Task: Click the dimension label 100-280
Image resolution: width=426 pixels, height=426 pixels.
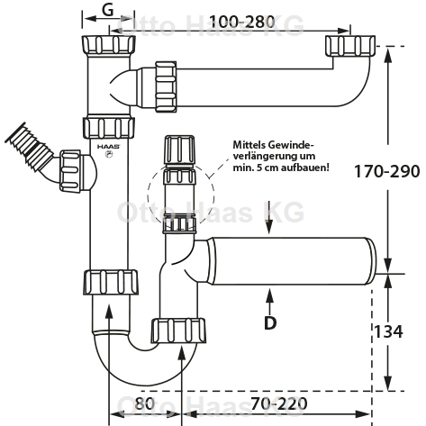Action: click(x=241, y=22)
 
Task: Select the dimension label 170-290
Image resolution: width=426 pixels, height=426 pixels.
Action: click(x=387, y=171)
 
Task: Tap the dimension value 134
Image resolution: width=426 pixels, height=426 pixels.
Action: click(x=388, y=331)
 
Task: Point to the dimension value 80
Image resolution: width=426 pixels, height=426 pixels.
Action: click(x=144, y=403)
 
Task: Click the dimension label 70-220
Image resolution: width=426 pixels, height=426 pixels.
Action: click(x=279, y=403)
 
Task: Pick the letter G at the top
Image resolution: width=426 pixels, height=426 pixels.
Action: click(x=108, y=10)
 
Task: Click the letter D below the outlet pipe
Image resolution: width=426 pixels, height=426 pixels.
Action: click(x=270, y=323)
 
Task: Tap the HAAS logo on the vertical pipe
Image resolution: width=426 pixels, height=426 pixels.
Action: click(x=108, y=147)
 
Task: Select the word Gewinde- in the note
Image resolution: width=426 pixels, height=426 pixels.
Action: click(x=290, y=145)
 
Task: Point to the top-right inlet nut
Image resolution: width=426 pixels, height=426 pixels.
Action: click(x=350, y=45)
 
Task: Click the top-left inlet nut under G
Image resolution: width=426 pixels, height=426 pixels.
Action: click(x=108, y=44)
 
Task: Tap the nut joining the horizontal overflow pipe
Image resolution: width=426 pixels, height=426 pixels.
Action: click(x=166, y=86)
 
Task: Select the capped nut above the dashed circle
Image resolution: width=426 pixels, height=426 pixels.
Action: click(x=179, y=150)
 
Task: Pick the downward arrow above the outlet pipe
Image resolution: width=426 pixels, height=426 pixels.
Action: click(x=269, y=218)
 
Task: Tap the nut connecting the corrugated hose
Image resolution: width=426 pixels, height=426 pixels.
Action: click(x=70, y=171)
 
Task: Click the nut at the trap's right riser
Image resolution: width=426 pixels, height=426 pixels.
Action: click(x=178, y=331)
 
